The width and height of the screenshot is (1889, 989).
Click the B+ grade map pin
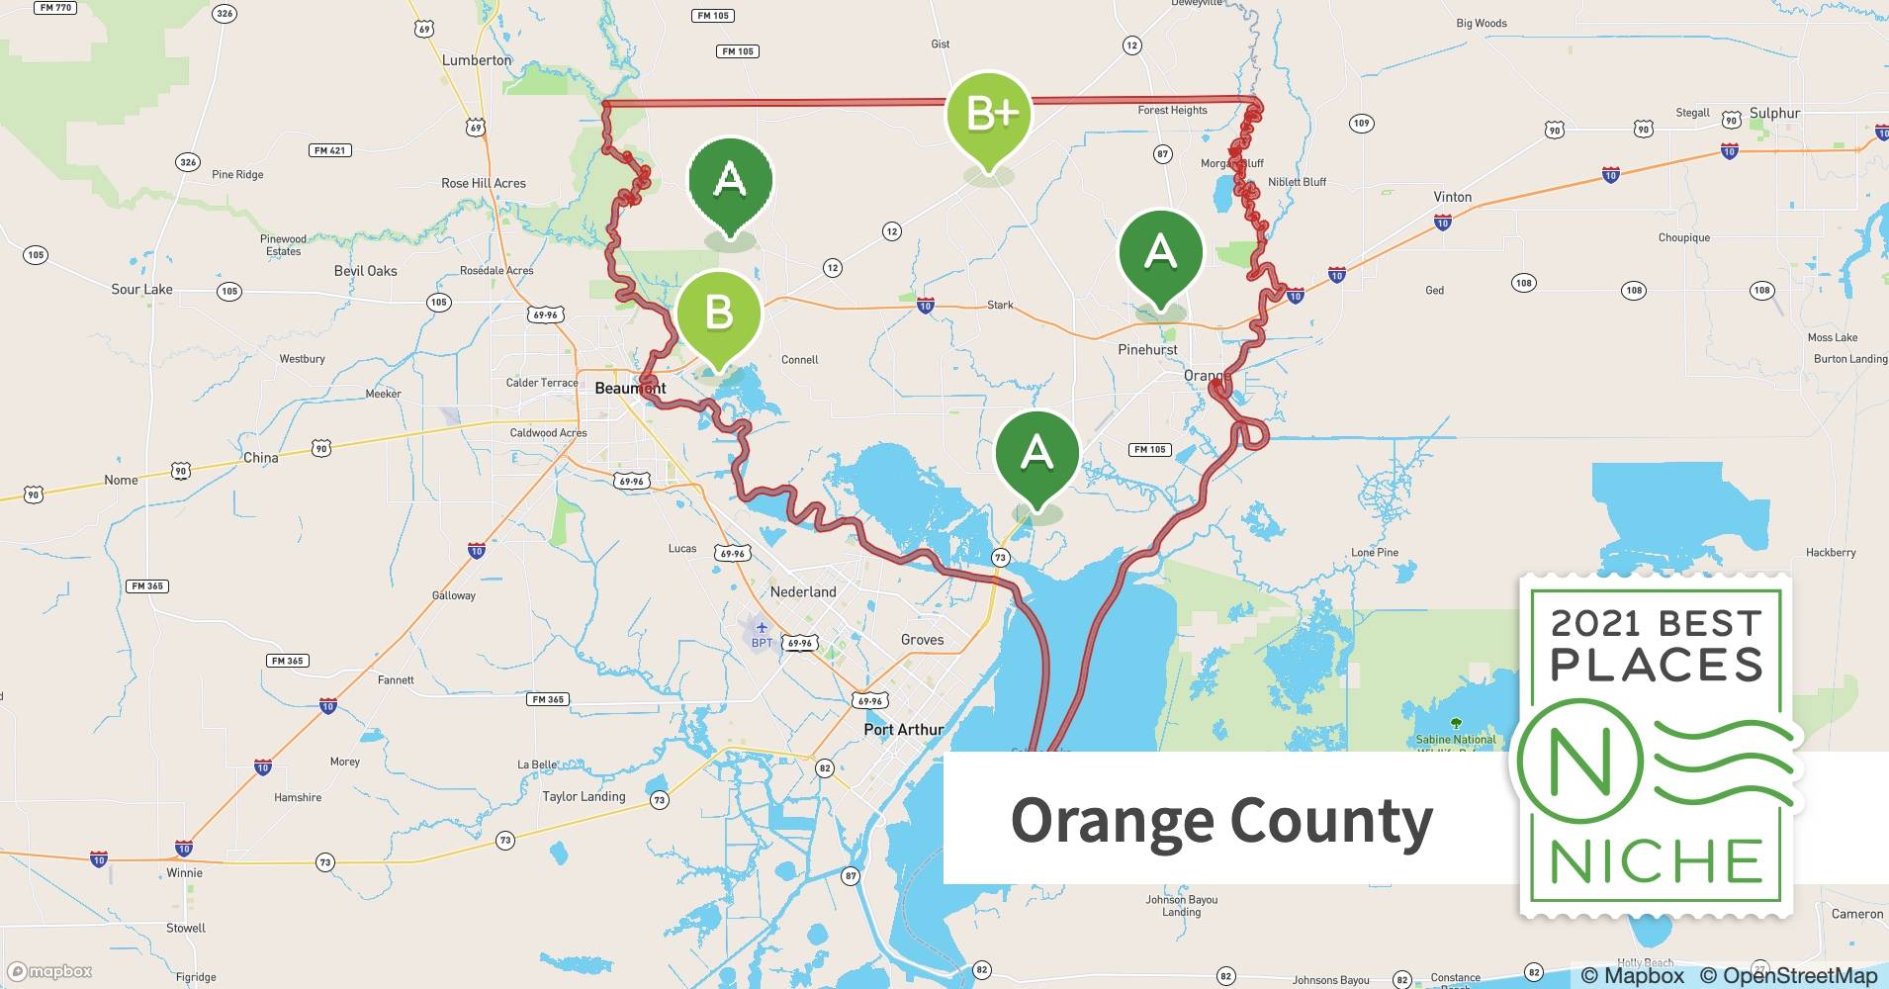coord(989,116)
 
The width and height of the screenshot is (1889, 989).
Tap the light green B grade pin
coord(719,315)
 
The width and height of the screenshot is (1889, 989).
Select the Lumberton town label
coord(477,60)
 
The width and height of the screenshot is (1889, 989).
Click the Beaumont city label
coord(630,388)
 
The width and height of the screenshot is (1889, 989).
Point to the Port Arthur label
coord(903,729)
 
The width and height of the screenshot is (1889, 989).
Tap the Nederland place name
coord(803,591)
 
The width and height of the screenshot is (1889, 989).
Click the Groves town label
coord(922,640)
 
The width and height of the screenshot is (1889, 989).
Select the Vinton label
coord(1452,197)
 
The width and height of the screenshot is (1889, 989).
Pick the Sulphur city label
coord(1774,113)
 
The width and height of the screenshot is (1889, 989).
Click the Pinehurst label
coord(1147,349)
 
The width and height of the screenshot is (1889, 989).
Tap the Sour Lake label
coord(141,290)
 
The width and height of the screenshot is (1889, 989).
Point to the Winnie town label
coord(184,873)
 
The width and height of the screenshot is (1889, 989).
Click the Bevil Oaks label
coord(365,271)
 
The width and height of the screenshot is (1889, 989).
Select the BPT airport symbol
coord(761,629)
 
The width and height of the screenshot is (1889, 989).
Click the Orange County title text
coord(1221,820)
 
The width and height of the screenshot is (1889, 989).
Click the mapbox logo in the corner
coord(49,971)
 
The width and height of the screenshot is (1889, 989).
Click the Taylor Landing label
coord(584,796)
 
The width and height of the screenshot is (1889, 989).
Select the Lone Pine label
coord(1375,553)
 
